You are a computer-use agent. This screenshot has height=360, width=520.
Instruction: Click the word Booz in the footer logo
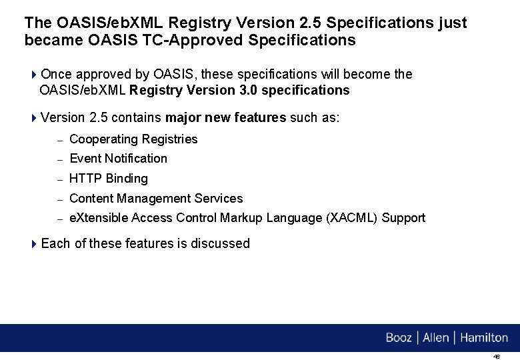(399, 338)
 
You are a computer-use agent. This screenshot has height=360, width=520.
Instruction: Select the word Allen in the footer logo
(436, 338)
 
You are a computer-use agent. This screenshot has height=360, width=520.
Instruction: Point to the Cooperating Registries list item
(133, 139)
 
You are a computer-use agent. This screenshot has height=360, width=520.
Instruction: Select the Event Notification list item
(118, 159)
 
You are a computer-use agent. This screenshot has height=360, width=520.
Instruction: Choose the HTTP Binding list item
(109, 179)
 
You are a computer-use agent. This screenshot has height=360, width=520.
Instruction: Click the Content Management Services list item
(156, 199)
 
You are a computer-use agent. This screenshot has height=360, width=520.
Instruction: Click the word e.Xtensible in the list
(99, 218)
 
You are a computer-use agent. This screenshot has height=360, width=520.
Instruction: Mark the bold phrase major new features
(226, 118)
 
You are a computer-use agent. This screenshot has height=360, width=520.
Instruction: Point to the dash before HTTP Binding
(59, 179)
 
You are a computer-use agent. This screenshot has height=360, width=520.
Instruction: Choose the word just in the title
(453, 23)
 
